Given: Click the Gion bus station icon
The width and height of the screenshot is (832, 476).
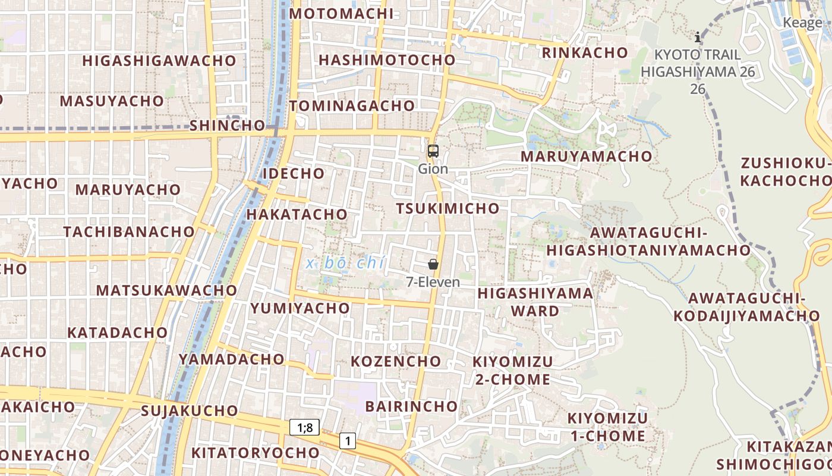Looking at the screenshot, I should (433, 151).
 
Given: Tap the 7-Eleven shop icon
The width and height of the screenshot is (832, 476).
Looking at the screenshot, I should (433, 264).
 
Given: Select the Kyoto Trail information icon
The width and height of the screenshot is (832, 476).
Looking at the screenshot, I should (698, 37).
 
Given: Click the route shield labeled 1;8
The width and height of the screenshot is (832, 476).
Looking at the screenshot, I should (305, 427).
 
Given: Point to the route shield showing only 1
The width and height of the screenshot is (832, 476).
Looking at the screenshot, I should (348, 441).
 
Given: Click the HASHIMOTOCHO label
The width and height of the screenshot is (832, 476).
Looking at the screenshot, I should (387, 60).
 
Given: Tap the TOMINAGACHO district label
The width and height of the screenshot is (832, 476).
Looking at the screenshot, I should (352, 106).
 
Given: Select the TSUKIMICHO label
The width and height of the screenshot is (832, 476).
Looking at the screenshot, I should (448, 208).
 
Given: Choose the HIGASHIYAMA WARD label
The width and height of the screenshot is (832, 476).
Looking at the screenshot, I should (535, 302).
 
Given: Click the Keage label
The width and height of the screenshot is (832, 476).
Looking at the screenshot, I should (802, 23).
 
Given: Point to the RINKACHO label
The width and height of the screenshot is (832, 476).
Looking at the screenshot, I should (585, 52).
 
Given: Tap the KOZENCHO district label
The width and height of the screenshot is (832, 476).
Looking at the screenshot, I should (396, 361).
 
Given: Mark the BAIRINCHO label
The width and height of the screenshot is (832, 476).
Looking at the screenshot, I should (411, 406).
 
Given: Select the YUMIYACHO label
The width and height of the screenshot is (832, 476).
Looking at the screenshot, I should (300, 308).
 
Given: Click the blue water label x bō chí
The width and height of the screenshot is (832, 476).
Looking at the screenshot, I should (346, 263).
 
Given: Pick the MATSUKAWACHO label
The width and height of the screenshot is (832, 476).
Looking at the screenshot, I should (166, 290).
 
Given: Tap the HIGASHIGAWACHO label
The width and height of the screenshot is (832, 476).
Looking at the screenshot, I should (159, 61).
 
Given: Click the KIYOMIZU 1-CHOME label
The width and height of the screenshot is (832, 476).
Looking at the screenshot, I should (607, 427).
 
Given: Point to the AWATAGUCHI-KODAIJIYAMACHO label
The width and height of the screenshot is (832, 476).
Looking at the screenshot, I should (746, 306).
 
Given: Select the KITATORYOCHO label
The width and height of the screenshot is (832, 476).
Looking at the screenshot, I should (256, 453).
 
